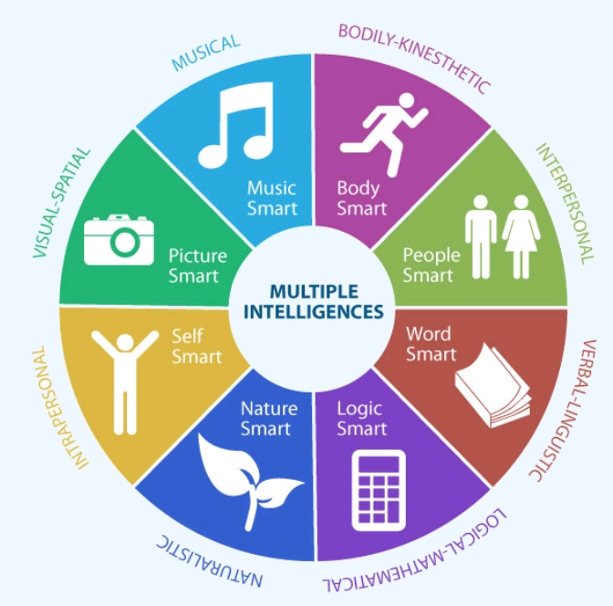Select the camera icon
(119, 239)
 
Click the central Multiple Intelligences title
(313, 302)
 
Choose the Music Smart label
(271, 198)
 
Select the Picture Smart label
(197, 266)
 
